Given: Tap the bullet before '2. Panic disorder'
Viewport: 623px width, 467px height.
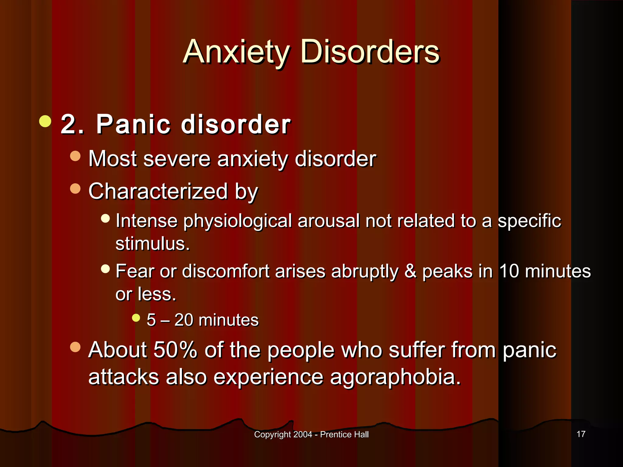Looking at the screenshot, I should pos(45,121).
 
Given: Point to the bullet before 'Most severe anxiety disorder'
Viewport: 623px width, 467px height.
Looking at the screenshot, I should pos(75,156).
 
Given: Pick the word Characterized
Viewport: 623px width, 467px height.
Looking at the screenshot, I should pos(158,191).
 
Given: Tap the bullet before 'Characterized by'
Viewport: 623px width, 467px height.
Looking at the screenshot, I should pos(75,189).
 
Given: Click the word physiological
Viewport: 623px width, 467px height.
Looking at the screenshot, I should pos(237,221).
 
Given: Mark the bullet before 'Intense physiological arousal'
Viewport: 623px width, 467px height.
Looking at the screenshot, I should pos(105,218).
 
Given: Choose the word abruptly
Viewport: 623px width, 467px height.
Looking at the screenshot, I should pos(364,272).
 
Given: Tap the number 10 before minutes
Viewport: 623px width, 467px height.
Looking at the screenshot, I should pos(509,271).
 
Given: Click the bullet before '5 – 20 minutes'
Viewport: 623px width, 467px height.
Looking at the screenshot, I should pos(136,318).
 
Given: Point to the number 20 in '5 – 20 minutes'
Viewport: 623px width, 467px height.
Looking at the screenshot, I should pos(184,320).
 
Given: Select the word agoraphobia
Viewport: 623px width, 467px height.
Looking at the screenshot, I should pos(395,377).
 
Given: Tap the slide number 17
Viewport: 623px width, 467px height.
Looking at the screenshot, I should pos(581,434).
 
